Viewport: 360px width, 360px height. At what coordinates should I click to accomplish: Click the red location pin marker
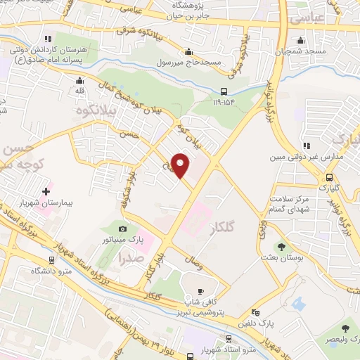[x=181, y=165]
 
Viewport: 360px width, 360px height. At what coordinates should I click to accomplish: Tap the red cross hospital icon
[x=47, y=191]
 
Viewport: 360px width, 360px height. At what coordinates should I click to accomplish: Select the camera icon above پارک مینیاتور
[x=123, y=229]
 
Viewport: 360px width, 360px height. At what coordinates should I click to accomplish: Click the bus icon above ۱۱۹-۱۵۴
[x=224, y=91]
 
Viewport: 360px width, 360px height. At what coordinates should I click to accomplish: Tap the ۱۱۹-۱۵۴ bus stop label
[x=224, y=102]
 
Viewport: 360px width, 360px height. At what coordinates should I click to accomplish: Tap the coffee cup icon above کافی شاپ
[x=200, y=290]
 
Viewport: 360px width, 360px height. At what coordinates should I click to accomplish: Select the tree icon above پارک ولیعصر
[x=345, y=328]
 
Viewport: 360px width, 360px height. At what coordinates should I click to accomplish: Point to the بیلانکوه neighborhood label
[x=89, y=111]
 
